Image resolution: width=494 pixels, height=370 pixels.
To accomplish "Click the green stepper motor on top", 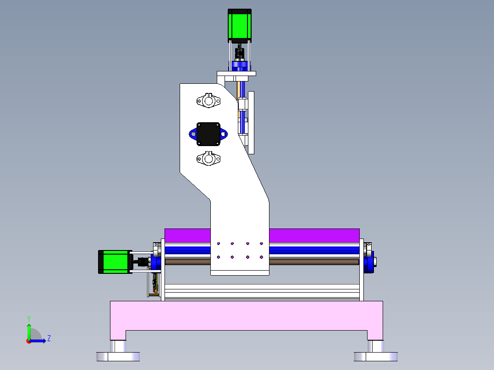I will tap(240, 25).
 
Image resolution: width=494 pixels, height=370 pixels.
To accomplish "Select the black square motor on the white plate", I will tap(209, 134).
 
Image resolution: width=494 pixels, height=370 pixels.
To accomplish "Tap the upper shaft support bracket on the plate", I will tap(209, 100).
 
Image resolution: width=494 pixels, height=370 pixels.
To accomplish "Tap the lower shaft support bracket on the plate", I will tap(209, 159).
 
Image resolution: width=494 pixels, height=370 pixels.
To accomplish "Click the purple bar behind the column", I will tap(312, 235).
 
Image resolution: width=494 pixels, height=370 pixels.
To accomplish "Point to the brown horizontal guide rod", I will tap(312, 262).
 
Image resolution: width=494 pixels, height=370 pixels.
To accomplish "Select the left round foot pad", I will tap(118, 356).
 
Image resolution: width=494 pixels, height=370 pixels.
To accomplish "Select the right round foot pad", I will tap(375, 356).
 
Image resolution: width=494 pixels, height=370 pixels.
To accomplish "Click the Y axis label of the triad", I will tap(28, 318).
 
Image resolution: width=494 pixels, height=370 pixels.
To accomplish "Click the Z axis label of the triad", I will tap(49, 338).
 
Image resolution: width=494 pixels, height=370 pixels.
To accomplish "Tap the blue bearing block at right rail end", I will tap(368, 262).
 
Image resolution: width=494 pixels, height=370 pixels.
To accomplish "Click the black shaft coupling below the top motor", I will tap(239, 54).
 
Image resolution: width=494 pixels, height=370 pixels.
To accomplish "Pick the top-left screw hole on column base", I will tap(219, 244).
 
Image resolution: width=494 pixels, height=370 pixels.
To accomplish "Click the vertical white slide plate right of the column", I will tap(251, 122).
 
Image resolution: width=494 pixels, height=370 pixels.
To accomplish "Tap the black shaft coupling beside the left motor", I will tap(142, 262).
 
